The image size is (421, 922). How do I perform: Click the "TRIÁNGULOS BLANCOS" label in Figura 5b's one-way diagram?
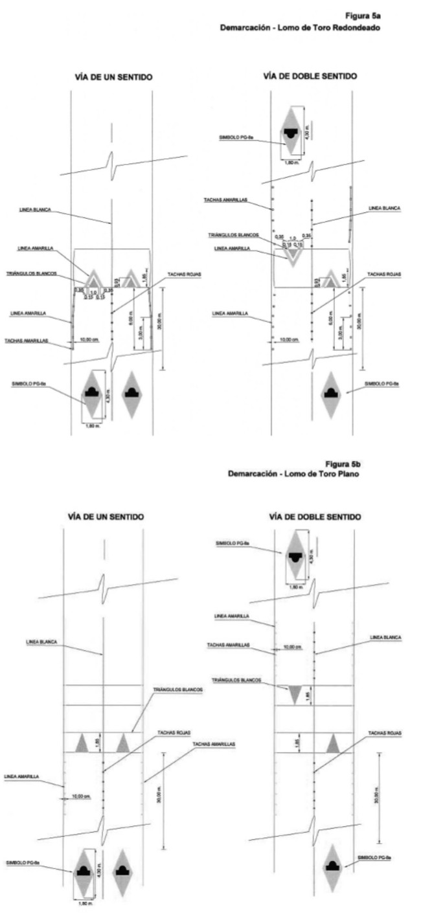178,690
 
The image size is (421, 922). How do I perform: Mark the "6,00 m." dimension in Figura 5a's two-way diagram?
330,318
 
